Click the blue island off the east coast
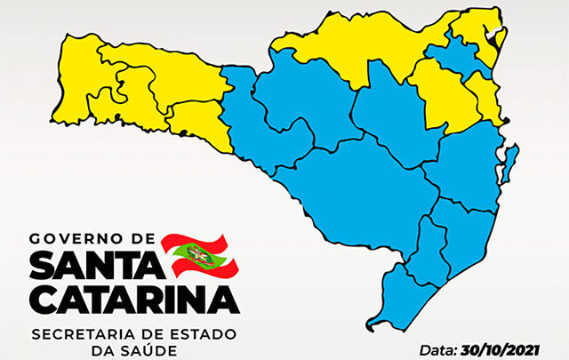[510, 164]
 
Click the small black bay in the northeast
[491, 36]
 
